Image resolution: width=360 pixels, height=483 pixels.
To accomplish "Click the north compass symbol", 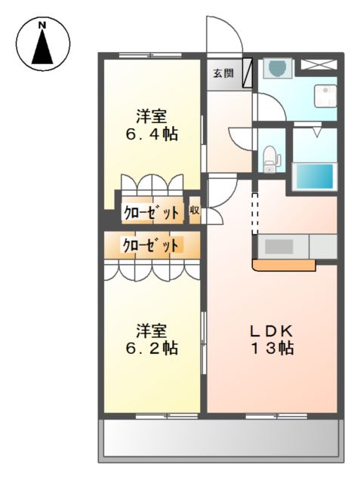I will click(x=42, y=43).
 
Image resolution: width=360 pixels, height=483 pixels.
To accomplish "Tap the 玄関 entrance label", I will click(x=222, y=72).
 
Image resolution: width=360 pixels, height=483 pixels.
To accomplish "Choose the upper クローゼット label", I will click(x=151, y=214).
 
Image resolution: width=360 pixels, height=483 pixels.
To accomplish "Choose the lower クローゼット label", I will click(x=151, y=245).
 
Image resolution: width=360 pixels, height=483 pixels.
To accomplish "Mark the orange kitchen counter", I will click(x=284, y=265).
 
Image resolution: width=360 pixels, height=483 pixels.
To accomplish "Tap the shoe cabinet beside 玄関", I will click(x=247, y=75).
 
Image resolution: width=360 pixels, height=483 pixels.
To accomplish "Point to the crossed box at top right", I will click(x=320, y=63).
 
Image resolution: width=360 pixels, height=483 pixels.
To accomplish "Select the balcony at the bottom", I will click(x=220, y=438).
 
